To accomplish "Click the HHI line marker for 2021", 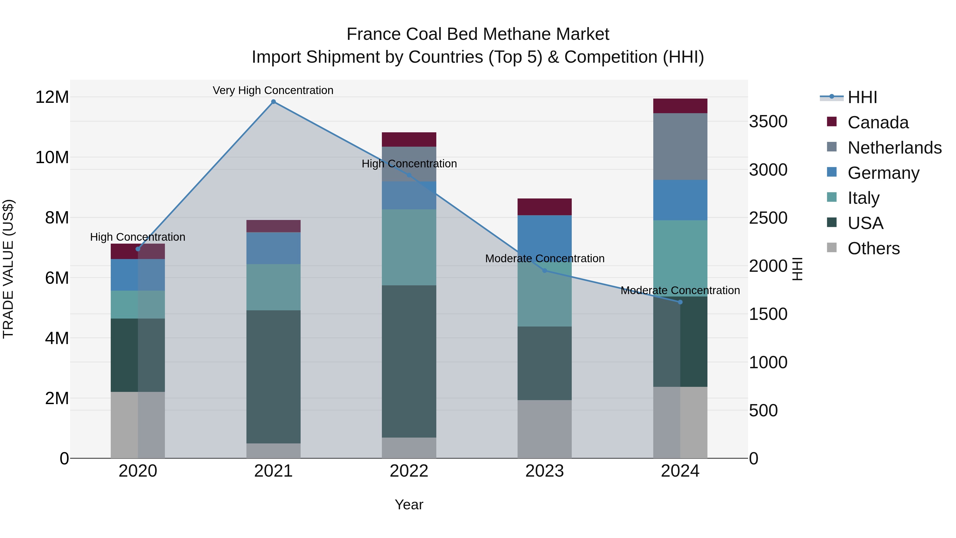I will tap(273, 102).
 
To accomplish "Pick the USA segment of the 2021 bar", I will tap(273, 377).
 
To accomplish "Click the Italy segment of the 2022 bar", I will tap(409, 247).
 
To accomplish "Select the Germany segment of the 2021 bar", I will tap(273, 248).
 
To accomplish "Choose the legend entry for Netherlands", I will tap(894, 148).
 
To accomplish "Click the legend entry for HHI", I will tap(862, 97).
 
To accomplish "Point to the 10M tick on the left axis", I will tap(52, 158).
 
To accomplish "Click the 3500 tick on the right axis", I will tap(768, 121).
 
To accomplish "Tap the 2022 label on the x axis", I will tap(409, 471).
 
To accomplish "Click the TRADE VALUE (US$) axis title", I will tap(8, 269).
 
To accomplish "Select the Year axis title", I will tap(409, 505).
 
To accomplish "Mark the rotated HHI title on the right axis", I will tap(797, 269).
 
